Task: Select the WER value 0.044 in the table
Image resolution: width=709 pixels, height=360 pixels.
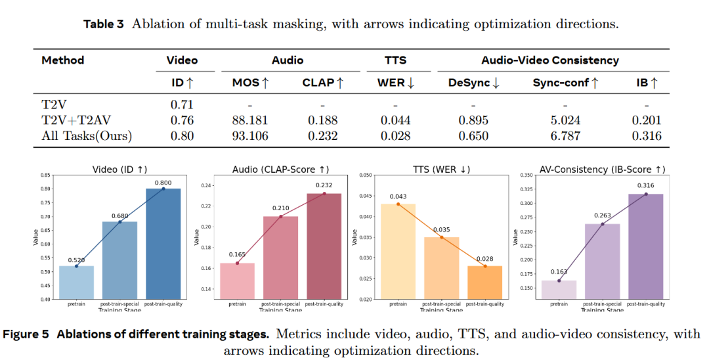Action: pos(395,120)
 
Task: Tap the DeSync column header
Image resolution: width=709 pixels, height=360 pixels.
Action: pos(473,83)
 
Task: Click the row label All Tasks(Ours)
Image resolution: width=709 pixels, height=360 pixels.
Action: pos(87,136)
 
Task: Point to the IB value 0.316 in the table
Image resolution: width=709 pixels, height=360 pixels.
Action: pos(647,136)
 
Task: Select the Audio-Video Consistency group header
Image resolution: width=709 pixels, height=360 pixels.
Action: pos(550,60)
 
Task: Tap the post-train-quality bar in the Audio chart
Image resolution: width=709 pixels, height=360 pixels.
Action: pos(324,246)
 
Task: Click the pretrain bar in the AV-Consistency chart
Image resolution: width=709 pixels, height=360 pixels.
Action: pos(559,290)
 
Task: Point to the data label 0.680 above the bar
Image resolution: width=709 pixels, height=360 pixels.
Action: pos(119,215)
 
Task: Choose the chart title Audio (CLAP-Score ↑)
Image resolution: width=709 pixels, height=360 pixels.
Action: pos(281,169)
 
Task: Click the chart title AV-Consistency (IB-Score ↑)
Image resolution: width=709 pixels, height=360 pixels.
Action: pos(603,169)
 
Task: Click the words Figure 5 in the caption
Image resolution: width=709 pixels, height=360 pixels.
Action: pos(26,334)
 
